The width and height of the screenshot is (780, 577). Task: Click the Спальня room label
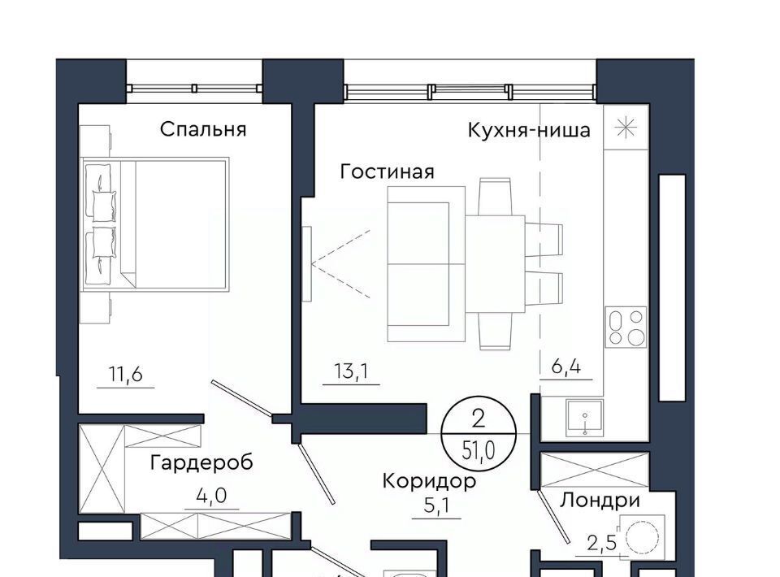203,129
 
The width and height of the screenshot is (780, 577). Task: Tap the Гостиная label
387,171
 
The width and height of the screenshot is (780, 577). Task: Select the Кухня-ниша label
529,130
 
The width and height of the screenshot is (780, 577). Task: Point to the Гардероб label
201,462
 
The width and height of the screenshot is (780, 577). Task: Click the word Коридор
429,480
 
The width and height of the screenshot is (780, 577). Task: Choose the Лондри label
600,500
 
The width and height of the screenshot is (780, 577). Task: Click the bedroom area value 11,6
126,374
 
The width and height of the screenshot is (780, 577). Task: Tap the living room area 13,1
351,371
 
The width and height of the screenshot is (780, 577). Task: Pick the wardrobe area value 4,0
211,496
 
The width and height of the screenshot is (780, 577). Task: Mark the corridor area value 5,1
436,505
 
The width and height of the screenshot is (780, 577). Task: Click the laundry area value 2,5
602,543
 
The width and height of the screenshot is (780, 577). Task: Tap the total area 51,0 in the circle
479,451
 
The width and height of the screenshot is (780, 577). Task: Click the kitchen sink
584,418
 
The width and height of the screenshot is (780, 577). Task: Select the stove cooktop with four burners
626,327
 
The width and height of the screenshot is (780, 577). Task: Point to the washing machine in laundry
641,538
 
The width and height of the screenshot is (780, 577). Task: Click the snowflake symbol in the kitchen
626,128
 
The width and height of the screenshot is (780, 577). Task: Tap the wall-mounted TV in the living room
307,263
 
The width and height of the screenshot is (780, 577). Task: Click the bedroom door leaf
241,398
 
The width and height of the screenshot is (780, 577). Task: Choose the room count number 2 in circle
478,420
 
